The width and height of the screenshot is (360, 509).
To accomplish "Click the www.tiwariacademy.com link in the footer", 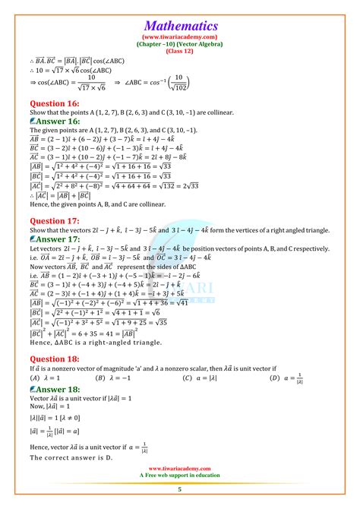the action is coord(180,469).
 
